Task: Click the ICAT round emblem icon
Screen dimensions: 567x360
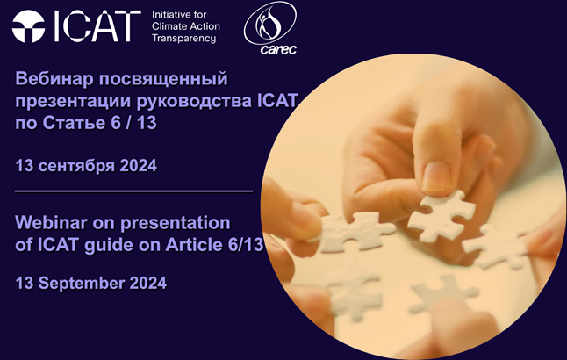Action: click(x=28, y=26)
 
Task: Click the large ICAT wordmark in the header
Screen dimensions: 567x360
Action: click(x=97, y=26)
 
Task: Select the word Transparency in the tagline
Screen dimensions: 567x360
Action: click(x=183, y=39)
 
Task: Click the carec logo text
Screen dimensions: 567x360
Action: click(x=278, y=49)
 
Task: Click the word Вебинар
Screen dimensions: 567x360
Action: click(x=54, y=78)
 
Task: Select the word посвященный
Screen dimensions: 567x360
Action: click(x=163, y=79)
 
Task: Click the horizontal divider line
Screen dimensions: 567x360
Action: click(x=133, y=191)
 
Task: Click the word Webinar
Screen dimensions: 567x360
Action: click(x=52, y=222)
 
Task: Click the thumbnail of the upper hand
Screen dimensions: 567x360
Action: click(x=436, y=176)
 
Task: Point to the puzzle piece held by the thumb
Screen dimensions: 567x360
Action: click(x=441, y=214)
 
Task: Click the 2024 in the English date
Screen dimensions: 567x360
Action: click(x=148, y=283)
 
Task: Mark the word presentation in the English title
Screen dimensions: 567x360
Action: click(x=176, y=223)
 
